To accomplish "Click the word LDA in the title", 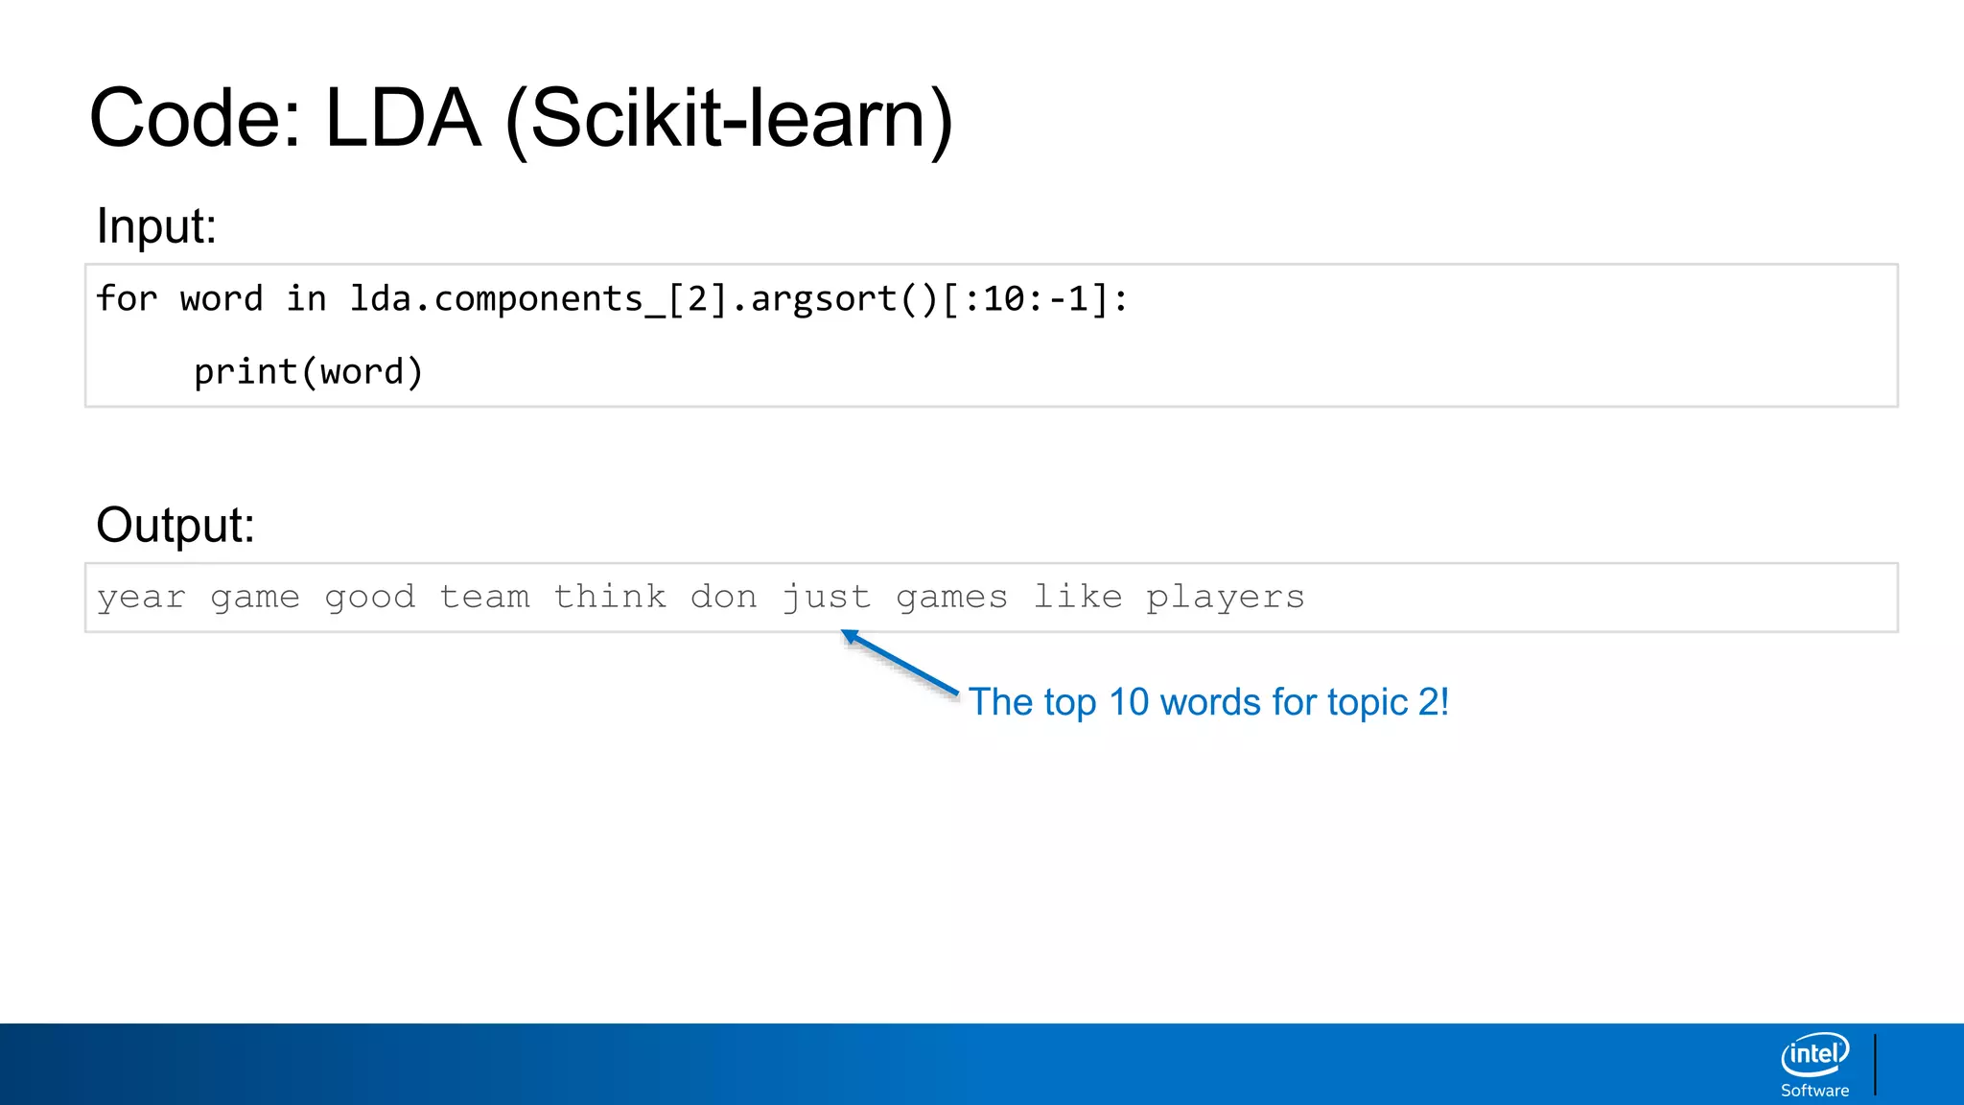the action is click(x=402, y=119).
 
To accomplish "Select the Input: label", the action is click(x=156, y=227).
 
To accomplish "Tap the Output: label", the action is click(x=175, y=526).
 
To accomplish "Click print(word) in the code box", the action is click(x=308, y=372).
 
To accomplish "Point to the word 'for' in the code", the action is click(x=126, y=299).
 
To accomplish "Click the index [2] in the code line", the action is click(x=697, y=299).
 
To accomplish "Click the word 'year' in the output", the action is click(x=141, y=598).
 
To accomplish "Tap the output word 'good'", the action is click(x=369, y=598).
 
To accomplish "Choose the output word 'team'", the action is click(x=484, y=597).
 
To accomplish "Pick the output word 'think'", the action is click(x=610, y=597).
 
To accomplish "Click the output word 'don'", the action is click(x=724, y=597).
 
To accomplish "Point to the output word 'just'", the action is click(x=827, y=598).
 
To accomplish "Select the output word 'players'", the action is click(x=1226, y=598).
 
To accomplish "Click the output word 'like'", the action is click(x=1077, y=597).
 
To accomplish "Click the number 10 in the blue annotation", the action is click(x=1129, y=702).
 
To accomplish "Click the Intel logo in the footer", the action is click(x=1814, y=1054).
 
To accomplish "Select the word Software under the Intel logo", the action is click(x=1814, y=1091).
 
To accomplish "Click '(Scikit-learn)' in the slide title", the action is click(x=729, y=119).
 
